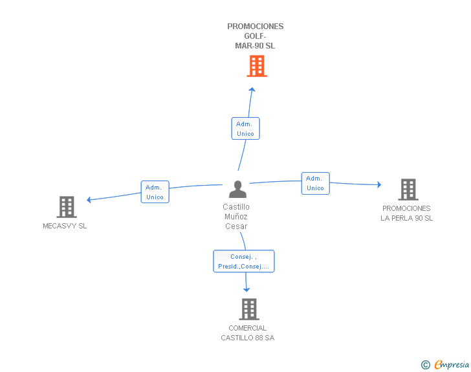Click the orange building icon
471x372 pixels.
257,66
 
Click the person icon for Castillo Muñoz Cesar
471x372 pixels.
237,189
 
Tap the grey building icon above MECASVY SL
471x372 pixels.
67,207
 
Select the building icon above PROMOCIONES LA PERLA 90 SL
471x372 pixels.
408,190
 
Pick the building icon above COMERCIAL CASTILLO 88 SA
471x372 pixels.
249,309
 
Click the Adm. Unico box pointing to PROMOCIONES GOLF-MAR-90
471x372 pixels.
245,128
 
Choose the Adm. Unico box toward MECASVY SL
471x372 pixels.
155,191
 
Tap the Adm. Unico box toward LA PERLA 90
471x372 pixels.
316,183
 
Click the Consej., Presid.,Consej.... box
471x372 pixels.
244,261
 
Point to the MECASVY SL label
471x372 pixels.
65,226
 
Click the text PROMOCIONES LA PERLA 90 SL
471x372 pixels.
406,213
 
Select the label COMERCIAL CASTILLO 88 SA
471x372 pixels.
248,333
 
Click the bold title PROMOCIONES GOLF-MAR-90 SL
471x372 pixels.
256,36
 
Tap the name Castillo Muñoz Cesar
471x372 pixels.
236,216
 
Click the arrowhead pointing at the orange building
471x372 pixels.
252,89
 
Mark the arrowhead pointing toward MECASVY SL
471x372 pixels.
89,200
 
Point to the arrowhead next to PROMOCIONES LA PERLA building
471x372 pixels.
379,184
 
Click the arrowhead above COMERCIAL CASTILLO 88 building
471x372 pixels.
246,290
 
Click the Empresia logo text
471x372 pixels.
452,365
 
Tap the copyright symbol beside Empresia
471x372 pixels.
425,365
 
